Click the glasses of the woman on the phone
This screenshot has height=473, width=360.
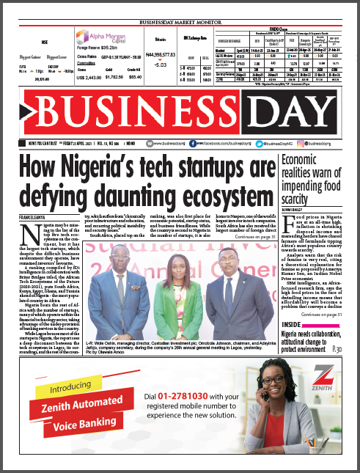point(287,388)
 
